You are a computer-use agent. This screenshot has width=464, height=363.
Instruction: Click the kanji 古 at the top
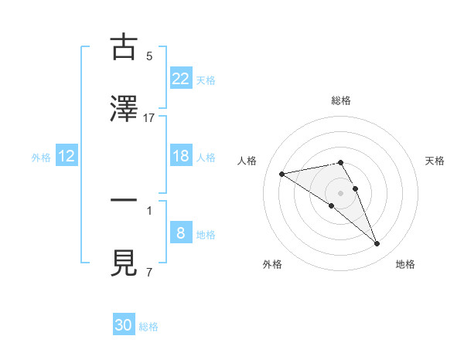click(x=125, y=47)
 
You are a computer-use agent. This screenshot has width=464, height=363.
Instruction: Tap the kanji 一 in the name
click(x=125, y=202)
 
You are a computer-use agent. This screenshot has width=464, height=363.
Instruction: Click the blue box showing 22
click(x=181, y=79)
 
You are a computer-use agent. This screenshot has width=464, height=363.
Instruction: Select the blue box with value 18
click(x=181, y=156)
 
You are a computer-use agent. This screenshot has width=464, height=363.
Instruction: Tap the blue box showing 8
click(x=181, y=233)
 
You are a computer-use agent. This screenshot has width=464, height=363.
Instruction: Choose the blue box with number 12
click(x=67, y=156)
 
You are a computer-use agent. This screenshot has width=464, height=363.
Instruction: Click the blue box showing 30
click(x=124, y=325)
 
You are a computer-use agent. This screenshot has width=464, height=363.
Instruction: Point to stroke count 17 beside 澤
click(x=149, y=117)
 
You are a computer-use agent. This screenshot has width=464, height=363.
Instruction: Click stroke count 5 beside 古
click(x=149, y=56)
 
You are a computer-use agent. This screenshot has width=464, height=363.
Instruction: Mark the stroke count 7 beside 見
click(x=149, y=272)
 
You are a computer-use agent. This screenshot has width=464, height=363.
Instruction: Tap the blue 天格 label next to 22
click(x=206, y=80)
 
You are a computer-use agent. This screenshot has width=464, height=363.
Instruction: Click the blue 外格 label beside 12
click(x=41, y=157)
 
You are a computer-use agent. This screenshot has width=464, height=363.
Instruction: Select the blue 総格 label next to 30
click(x=148, y=326)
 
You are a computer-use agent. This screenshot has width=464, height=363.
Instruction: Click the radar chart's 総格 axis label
click(x=341, y=100)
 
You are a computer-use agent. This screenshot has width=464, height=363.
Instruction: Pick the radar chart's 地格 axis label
click(x=405, y=264)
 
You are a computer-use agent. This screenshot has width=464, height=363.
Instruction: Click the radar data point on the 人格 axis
click(x=282, y=173)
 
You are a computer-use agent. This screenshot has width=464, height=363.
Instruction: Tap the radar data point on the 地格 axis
click(x=377, y=244)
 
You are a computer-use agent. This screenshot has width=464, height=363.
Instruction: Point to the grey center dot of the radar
click(x=341, y=192)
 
